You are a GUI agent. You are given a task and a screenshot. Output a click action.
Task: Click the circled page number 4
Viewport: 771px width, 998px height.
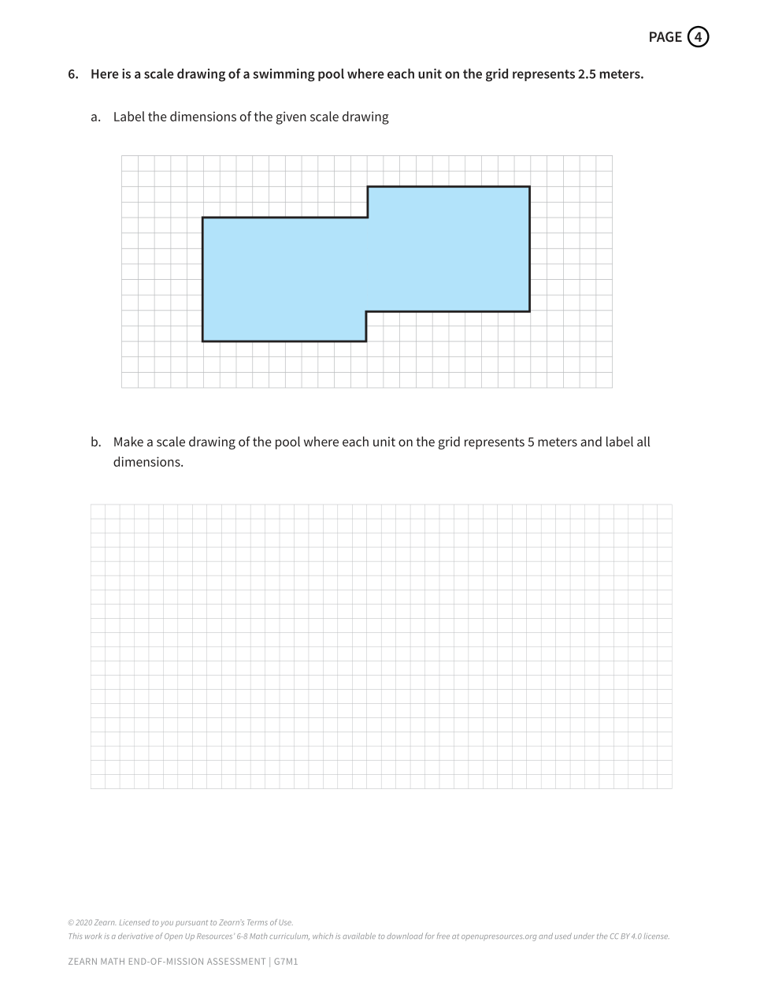(698, 37)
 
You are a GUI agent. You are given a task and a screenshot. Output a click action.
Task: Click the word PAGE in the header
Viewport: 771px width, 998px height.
(665, 37)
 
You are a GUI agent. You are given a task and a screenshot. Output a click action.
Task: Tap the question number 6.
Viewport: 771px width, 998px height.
(72, 75)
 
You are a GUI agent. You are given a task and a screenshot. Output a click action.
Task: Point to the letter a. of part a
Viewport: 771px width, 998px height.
(95, 117)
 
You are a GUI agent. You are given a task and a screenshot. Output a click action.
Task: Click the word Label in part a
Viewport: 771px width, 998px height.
(128, 117)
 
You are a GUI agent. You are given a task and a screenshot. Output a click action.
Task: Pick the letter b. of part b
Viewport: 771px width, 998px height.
(95, 442)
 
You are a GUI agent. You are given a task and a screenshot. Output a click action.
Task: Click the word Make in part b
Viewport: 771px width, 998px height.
(128, 442)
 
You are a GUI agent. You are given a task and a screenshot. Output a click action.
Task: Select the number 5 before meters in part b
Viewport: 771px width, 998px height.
(531, 442)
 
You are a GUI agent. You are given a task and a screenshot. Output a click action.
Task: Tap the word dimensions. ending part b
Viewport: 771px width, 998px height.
(148, 462)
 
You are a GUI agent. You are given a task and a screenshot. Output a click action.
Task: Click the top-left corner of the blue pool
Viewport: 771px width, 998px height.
(202, 218)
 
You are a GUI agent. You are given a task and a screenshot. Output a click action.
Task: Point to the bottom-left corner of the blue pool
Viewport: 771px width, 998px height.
(202, 341)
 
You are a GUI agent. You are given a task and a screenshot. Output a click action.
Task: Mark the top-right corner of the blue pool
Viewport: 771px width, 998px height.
(529, 187)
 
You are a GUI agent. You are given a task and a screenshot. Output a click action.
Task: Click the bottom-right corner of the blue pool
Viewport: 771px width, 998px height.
(529, 311)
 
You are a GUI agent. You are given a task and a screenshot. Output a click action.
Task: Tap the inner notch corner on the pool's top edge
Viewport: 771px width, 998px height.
(368, 218)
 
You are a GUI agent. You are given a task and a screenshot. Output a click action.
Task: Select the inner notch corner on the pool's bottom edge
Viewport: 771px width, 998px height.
(366, 311)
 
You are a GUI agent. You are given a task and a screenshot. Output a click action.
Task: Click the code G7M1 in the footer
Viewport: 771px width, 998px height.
(286, 962)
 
